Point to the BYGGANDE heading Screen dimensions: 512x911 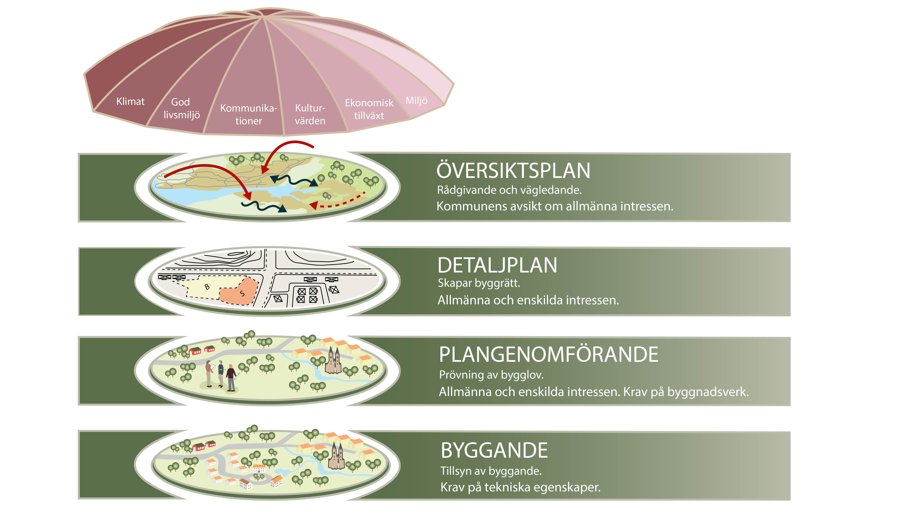(494, 450)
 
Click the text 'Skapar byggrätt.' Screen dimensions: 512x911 (479, 283)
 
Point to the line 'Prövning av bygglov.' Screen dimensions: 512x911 (491, 375)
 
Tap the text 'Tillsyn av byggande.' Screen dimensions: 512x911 (491, 471)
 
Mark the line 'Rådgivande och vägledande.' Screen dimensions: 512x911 (509, 190)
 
